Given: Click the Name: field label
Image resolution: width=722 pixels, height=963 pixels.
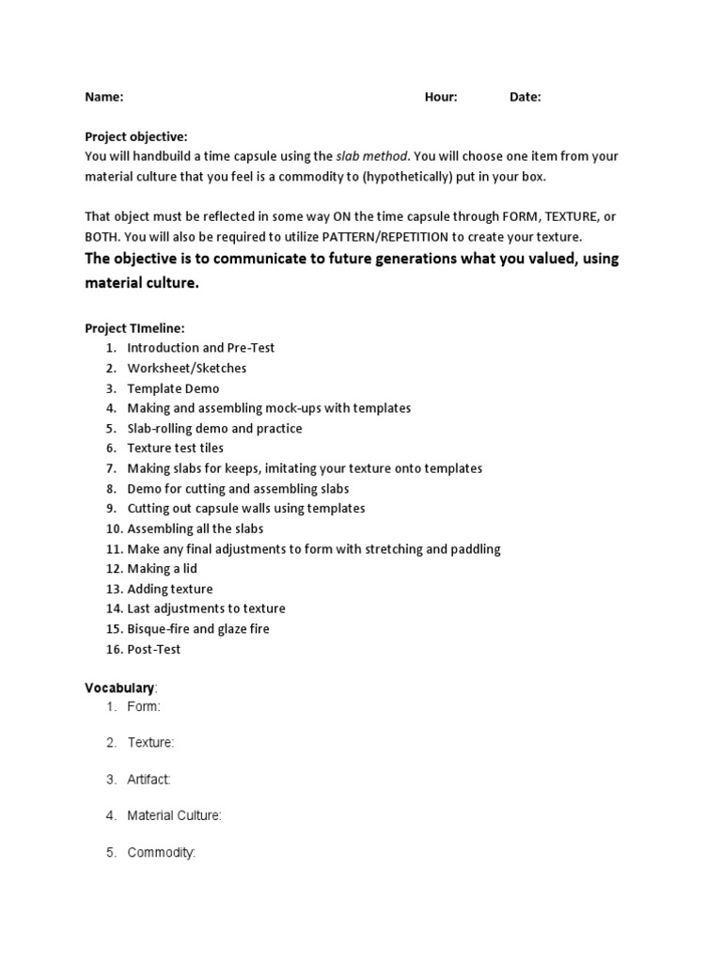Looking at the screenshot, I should tap(103, 97).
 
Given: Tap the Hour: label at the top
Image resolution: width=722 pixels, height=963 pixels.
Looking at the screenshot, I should tap(441, 97).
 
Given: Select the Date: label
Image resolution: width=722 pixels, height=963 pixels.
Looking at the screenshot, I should tap(525, 97).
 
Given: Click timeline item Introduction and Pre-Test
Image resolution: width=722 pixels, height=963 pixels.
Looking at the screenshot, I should tap(201, 348).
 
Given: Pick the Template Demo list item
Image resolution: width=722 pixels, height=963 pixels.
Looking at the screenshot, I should tap(173, 388).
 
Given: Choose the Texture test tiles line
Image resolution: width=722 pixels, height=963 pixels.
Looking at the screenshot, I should tap(176, 449).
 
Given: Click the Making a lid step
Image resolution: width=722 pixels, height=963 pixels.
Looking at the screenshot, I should tap(163, 569).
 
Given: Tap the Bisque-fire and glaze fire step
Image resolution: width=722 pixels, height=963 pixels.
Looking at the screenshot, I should tap(198, 629).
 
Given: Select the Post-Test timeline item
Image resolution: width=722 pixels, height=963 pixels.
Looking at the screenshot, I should tap(154, 650).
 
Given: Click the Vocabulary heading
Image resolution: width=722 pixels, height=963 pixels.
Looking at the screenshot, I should tap(119, 688).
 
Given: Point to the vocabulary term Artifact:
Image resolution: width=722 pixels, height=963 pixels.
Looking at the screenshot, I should tap(149, 780).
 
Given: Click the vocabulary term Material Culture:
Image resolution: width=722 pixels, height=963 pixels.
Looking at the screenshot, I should tap(175, 816).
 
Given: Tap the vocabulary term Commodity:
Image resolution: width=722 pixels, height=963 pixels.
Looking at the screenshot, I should tap(162, 853).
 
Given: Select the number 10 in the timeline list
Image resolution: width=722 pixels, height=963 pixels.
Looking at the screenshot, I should tap(113, 529).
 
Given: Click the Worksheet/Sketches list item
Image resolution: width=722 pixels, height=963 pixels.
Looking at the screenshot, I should tap(187, 369).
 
